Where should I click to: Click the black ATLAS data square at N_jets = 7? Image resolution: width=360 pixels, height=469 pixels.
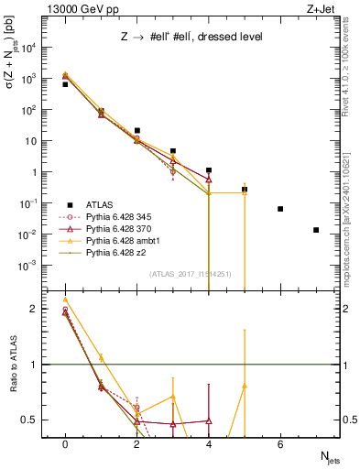tap(316, 230)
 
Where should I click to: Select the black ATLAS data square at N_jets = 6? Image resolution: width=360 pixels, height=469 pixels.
tap(280, 209)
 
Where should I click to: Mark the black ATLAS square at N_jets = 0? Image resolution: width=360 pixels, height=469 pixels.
tap(65, 84)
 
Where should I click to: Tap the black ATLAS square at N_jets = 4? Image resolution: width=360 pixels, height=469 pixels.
tap(209, 170)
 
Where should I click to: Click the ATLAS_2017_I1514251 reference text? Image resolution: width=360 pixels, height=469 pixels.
tap(190, 274)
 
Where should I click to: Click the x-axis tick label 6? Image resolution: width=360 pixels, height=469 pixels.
tap(280, 443)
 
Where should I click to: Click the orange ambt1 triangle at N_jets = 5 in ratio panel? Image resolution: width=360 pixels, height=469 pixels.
tap(245, 387)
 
